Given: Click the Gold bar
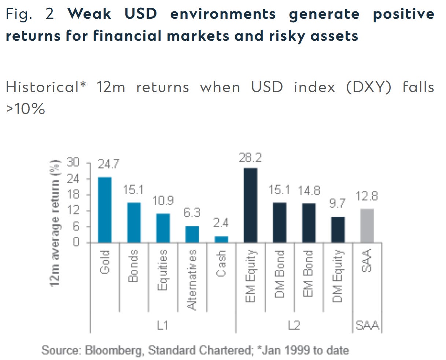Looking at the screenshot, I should [105, 210].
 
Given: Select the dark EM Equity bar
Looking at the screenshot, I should [250, 205].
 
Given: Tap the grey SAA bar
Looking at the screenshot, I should [367, 225].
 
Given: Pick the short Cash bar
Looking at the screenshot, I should [221, 239].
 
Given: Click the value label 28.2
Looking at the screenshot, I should [250, 158].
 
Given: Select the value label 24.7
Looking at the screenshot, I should [108, 164].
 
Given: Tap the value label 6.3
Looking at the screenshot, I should [192, 213].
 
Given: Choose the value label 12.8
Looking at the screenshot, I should [367, 196].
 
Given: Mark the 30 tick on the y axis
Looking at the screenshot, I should [72, 162].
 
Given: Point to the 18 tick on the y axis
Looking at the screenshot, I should [72, 194].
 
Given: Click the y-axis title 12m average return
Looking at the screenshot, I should [56, 218].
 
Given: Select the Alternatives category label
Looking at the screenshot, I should [192, 279].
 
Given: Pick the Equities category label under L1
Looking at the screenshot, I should [163, 270].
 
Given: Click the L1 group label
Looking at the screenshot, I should [162, 325].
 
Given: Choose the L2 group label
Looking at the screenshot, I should [294, 325].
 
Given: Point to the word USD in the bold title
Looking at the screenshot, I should [141, 14].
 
